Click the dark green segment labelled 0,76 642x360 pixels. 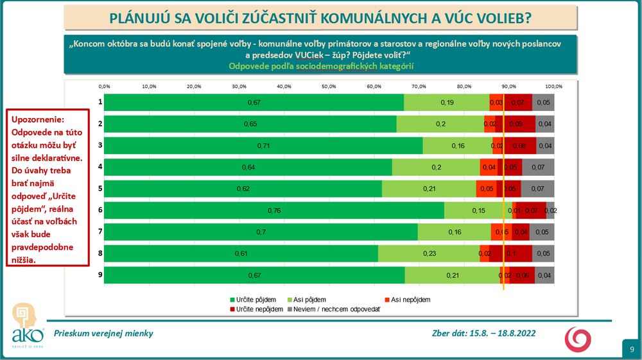coord(274,210)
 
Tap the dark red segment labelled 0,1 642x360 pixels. coord(510,253)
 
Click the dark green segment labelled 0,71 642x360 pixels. coord(263,146)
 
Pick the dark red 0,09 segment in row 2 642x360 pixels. coord(516,124)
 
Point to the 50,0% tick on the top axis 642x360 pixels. coord(329,86)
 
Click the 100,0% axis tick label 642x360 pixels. coord(553,86)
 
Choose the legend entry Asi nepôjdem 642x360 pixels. coord(406,300)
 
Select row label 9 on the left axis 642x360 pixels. coord(100,275)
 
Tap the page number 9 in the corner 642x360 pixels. coord(632,349)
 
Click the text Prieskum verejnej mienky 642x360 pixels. coord(103,333)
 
